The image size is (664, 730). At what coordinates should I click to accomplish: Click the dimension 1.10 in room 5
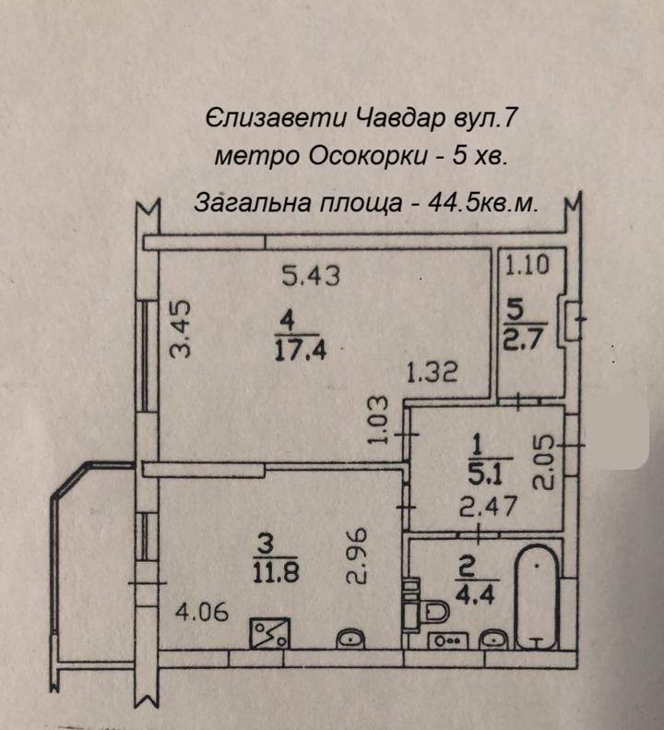click(527, 266)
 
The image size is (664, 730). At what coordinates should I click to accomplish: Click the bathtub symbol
click(537, 597)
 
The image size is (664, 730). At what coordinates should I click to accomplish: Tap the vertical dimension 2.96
click(358, 556)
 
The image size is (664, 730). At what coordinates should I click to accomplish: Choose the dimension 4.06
click(203, 611)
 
